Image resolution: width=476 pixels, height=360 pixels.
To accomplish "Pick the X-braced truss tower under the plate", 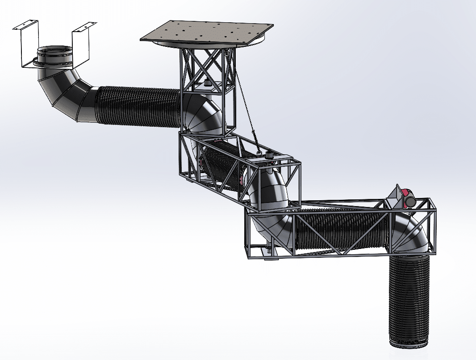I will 206,71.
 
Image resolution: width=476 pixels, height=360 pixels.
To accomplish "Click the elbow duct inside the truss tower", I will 203,114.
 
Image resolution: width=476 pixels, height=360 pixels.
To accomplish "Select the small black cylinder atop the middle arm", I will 269,155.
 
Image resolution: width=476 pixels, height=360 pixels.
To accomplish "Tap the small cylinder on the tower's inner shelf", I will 207,84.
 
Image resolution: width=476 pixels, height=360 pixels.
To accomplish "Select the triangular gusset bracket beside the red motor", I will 394,195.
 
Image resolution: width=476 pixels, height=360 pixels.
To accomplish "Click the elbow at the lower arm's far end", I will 411,234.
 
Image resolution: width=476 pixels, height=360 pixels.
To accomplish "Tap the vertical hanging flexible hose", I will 409,299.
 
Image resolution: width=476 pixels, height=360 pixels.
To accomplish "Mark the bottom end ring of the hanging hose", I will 409,343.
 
